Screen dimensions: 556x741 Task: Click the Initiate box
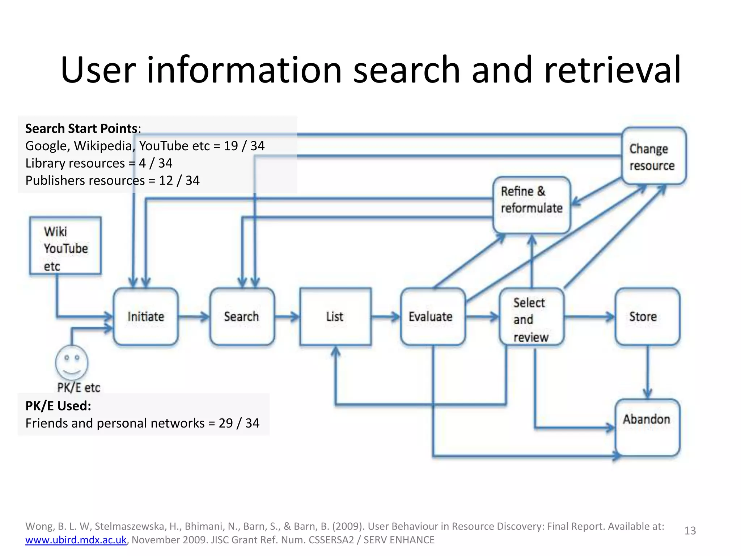145,316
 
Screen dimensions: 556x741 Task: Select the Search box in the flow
242,316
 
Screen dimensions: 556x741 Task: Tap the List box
335,316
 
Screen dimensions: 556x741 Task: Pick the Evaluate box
432,316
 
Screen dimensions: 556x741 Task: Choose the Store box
647,316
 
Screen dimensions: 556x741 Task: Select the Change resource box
653,156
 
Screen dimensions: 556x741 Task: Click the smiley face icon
72,362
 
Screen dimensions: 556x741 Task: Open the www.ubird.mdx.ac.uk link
76,540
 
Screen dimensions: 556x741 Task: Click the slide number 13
690,531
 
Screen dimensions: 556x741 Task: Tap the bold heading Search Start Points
81,129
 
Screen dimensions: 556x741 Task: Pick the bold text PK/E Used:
58,406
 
